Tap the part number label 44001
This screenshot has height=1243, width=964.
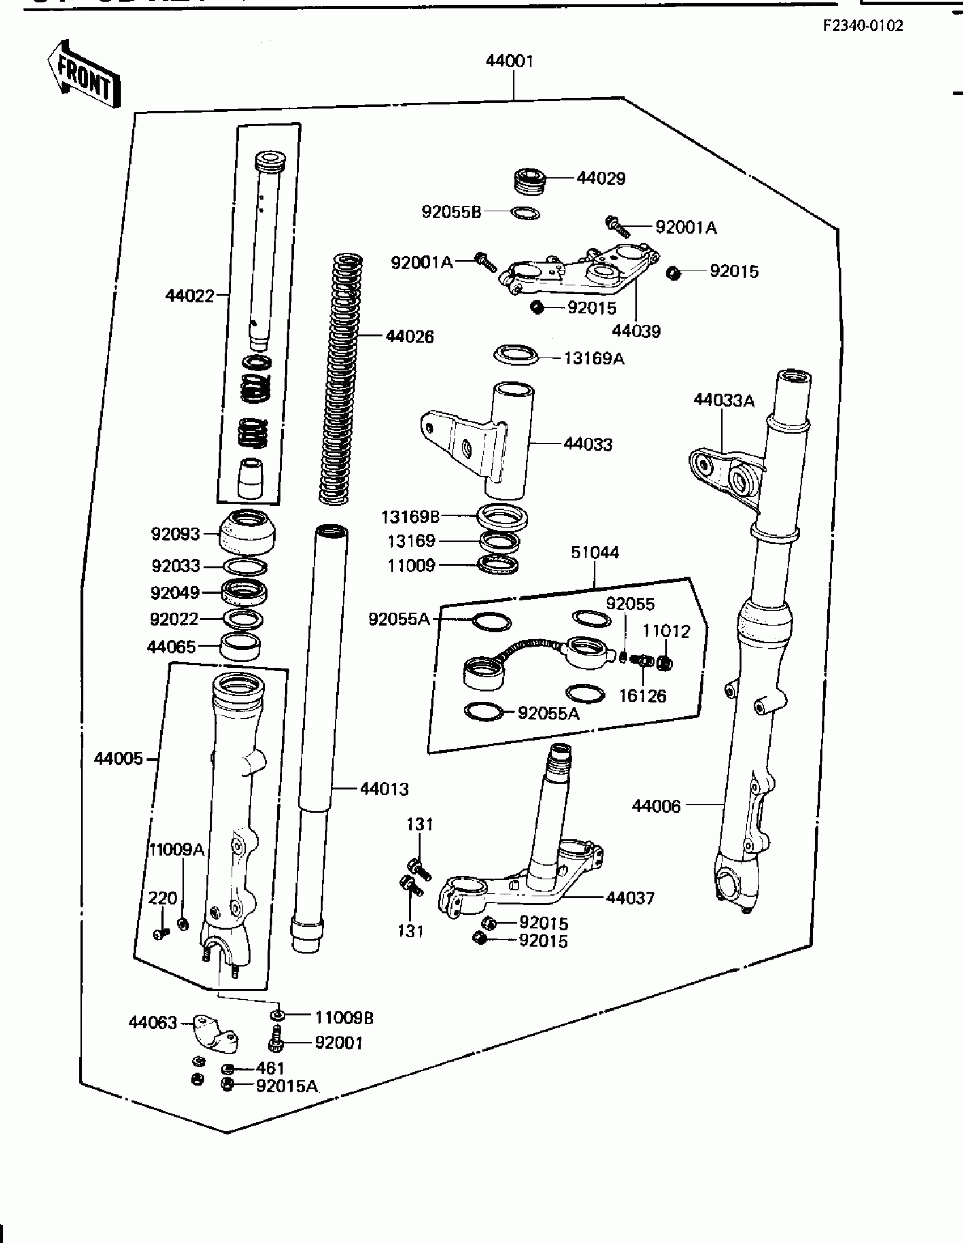(x=510, y=61)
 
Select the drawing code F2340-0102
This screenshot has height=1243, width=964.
(x=862, y=26)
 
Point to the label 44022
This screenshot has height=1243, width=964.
(x=189, y=296)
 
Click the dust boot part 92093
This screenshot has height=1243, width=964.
(x=247, y=532)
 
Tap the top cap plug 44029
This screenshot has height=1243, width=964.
(x=530, y=182)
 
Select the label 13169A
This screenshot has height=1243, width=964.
(x=594, y=359)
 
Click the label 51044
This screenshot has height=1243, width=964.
(x=595, y=553)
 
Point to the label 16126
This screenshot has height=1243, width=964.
(x=642, y=696)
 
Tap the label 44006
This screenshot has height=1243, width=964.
(x=656, y=806)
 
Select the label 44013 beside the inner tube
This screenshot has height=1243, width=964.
(x=384, y=789)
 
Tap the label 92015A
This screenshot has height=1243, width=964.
(x=286, y=1086)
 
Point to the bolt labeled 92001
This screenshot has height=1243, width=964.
(x=275, y=1042)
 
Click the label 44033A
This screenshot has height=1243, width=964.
(x=724, y=401)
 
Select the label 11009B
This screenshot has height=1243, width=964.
(x=344, y=1017)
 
